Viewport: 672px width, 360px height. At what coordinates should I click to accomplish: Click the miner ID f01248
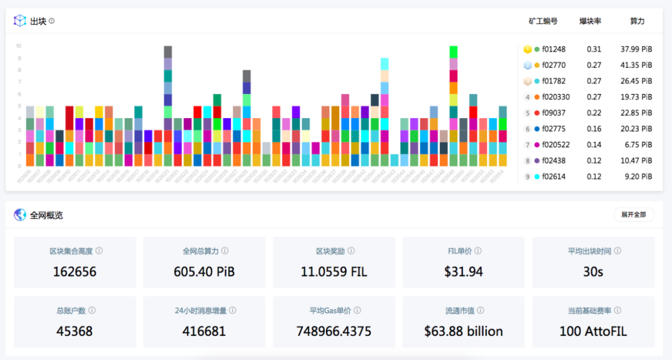pyautogui.click(x=554, y=49)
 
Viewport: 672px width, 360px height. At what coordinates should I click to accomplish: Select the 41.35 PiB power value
pyautogui.click(x=636, y=65)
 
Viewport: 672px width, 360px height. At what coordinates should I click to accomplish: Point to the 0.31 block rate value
pyautogui.click(x=594, y=49)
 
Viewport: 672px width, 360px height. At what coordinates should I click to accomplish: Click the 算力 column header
pyautogui.click(x=637, y=21)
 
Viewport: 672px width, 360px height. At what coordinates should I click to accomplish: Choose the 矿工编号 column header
pyautogui.click(x=543, y=21)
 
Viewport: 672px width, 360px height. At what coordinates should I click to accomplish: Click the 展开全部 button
pyautogui.click(x=633, y=215)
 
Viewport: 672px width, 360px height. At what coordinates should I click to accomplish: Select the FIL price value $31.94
pyautogui.click(x=463, y=272)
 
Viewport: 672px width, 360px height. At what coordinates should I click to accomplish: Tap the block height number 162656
pyautogui.click(x=75, y=272)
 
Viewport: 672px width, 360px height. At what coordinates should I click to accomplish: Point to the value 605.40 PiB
pyautogui.click(x=204, y=272)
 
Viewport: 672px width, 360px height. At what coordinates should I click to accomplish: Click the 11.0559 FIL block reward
pyautogui.click(x=334, y=272)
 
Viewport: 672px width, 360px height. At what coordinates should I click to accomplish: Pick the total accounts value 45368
pyautogui.click(x=75, y=331)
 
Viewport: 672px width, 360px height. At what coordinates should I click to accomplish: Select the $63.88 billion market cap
pyautogui.click(x=463, y=331)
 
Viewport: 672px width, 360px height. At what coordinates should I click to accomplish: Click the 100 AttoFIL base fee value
pyautogui.click(x=593, y=331)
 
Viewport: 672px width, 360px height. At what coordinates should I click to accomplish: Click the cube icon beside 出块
pyautogui.click(x=21, y=21)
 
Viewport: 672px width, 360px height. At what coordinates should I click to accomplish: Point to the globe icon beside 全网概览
pyautogui.click(x=21, y=215)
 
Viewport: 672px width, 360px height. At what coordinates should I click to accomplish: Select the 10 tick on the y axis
pyautogui.click(x=19, y=46)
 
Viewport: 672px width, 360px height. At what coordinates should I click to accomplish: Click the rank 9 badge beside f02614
pyautogui.click(x=528, y=177)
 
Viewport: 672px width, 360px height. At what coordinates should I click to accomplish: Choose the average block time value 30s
pyautogui.click(x=593, y=272)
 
